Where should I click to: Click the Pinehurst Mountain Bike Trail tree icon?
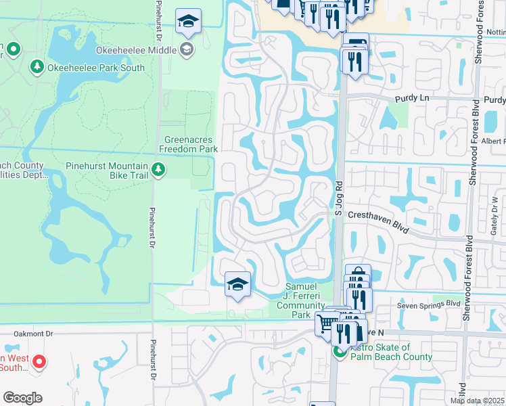[158, 168]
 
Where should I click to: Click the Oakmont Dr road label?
[34, 334]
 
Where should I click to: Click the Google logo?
[22, 398]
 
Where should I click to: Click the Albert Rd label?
[494, 141]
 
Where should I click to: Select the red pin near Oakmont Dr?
[39, 362]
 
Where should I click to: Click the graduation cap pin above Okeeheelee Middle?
[189, 21]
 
